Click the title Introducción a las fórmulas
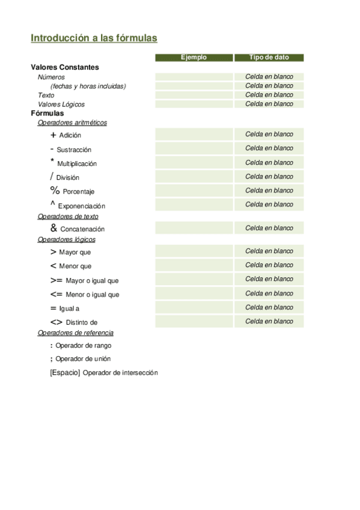click(x=94, y=38)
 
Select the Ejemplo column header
click(x=194, y=58)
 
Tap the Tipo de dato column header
click(x=269, y=58)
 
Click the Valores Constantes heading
click(x=65, y=67)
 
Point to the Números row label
click(x=51, y=77)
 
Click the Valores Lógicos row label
click(x=61, y=104)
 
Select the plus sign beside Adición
click(x=53, y=135)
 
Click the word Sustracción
click(x=74, y=150)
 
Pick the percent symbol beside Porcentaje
click(x=55, y=191)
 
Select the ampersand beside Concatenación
click(x=53, y=229)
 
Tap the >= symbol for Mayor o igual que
click(x=56, y=280)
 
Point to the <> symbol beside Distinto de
click(x=56, y=322)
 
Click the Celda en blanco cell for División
click(x=269, y=177)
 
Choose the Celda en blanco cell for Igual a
click(x=269, y=307)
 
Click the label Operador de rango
click(x=83, y=346)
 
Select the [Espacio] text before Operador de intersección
click(x=65, y=373)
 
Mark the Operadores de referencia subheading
click(x=75, y=333)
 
